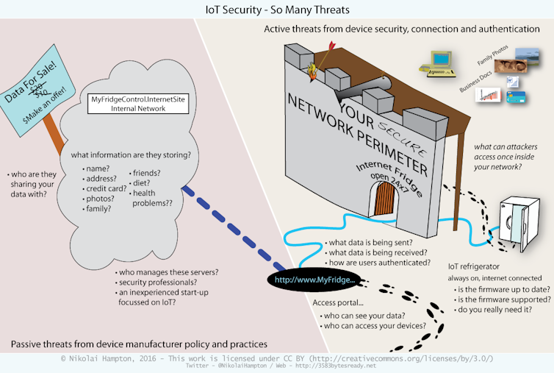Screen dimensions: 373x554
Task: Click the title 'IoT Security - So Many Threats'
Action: pyautogui.click(x=276, y=10)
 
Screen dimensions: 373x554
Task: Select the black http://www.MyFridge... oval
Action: pyautogui.click(x=314, y=280)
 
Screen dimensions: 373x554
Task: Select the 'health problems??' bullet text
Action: pyautogui.click(x=152, y=197)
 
